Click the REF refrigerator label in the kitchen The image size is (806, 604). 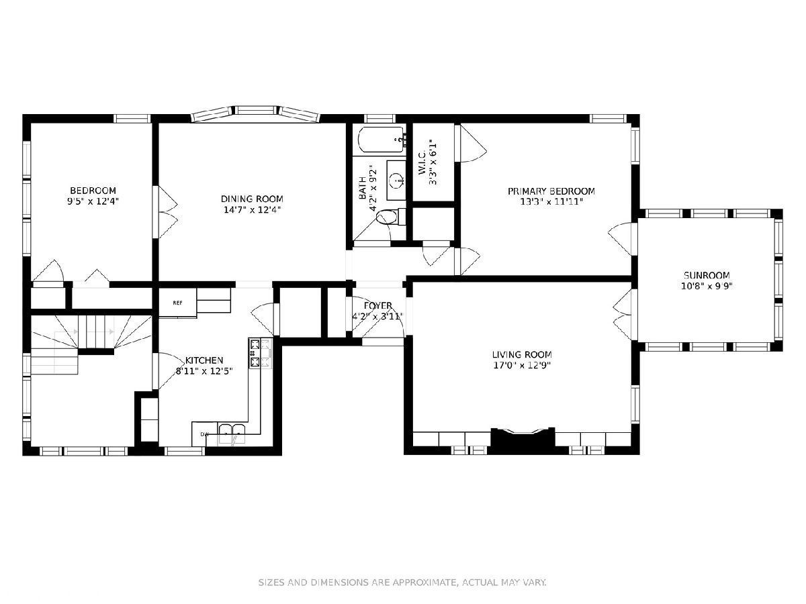click(177, 303)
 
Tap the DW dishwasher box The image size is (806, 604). click(205, 434)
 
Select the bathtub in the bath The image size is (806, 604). click(382, 140)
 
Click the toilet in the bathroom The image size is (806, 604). click(391, 217)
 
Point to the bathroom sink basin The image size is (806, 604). click(396, 180)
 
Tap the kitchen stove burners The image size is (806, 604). click(260, 353)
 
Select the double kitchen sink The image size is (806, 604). click(232, 434)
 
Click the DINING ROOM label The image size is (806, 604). click(252, 199)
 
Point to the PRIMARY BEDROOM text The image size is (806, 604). click(551, 191)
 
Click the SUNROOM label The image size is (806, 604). click(707, 275)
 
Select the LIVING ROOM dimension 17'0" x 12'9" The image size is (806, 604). click(522, 365)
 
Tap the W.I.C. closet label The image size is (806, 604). click(422, 162)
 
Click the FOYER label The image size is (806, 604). click(378, 305)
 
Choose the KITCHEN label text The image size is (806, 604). click(204, 360)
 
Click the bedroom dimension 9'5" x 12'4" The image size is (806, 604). click(93, 201)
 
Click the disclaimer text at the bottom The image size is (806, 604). click(402, 582)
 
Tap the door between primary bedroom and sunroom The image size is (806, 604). click(623, 239)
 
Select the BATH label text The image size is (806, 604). click(363, 188)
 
